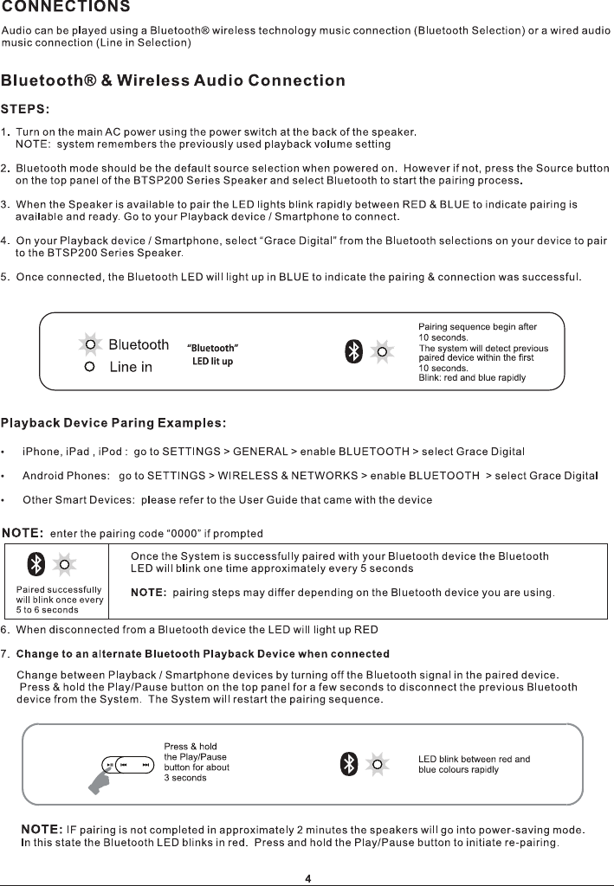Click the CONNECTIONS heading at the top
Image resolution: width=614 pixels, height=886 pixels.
[x=66, y=8]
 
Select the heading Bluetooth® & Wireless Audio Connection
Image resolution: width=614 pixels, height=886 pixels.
[x=173, y=81]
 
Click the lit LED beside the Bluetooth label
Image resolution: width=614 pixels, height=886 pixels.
[x=89, y=344]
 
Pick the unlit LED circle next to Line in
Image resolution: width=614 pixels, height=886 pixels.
[x=89, y=367]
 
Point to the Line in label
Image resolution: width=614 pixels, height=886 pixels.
[x=131, y=367]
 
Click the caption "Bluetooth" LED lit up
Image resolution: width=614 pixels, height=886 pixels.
[x=213, y=355]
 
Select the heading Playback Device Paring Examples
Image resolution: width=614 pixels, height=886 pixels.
[x=113, y=423]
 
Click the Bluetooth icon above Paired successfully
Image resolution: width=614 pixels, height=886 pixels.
[x=36, y=565]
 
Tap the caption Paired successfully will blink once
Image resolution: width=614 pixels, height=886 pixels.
[x=59, y=599]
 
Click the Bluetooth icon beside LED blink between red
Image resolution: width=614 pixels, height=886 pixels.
[x=348, y=763]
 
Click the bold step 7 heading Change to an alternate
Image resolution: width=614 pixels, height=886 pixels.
[x=203, y=653]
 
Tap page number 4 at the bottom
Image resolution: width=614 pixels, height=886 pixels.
[x=307, y=878]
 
